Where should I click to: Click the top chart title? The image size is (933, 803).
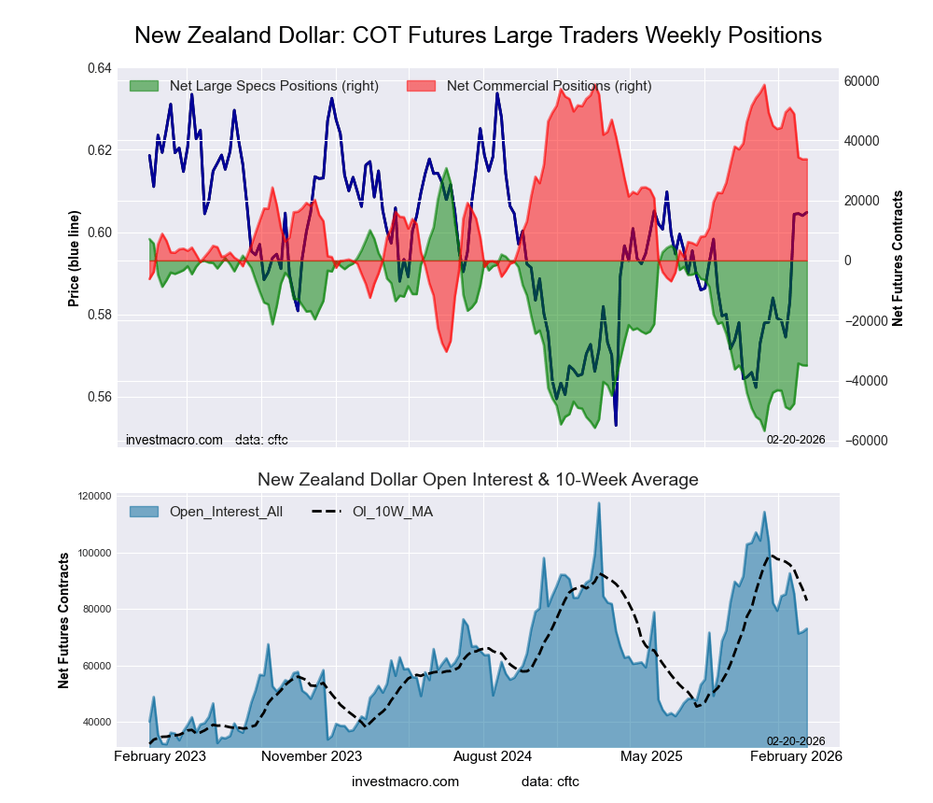point(478,35)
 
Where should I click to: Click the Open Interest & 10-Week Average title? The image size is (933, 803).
point(478,480)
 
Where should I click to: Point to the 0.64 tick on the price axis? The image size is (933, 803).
point(98,69)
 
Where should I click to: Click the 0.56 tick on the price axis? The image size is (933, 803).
point(98,397)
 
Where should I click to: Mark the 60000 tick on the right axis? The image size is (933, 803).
point(861,81)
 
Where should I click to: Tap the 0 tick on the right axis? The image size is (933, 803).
point(848,261)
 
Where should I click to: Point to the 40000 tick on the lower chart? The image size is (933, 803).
point(92,722)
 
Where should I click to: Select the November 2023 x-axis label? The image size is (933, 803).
point(312,755)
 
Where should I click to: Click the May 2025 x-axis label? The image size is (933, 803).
point(650,755)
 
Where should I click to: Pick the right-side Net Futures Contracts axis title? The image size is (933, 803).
point(898,258)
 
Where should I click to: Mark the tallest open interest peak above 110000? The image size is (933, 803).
point(599,504)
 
